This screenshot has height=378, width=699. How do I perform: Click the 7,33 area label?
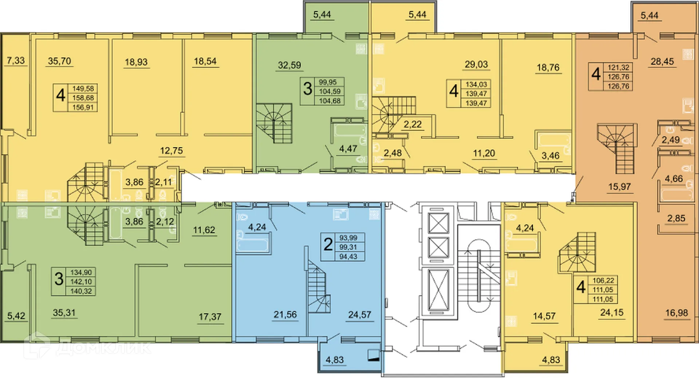point(16,60)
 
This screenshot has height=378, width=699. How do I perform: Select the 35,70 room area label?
point(59,61)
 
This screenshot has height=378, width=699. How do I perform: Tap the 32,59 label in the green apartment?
point(289,65)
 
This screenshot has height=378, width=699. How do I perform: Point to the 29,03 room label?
point(476,64)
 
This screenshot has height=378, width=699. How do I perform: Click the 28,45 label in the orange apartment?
point(662,62)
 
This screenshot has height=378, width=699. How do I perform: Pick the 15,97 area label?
point(619,187)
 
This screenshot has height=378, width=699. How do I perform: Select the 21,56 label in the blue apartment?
point(285,315)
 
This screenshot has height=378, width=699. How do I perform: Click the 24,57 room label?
point(359,315)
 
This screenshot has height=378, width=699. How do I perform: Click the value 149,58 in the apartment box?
point(83,88)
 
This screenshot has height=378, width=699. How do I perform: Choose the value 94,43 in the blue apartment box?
point(348,257)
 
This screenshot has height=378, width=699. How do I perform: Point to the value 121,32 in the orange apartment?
point(618,67)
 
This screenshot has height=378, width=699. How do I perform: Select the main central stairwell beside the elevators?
point(478,277)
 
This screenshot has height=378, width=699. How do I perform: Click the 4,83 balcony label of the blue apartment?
point(335,360)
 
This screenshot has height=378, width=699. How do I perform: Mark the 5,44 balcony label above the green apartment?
point(322,15)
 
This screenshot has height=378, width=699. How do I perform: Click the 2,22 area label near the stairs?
point(412,125)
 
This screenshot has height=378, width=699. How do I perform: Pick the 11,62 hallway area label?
point(204,230)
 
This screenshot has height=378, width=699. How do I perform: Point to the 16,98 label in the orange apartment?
point(676,313)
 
